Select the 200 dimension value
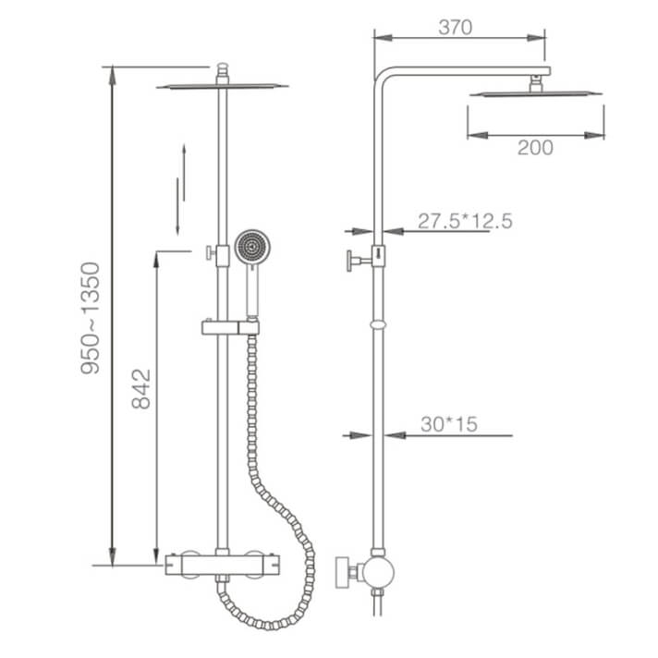click(535, 147)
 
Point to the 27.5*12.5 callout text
click(464, 221)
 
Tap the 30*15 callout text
click(448, 424)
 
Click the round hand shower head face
click(250, 246)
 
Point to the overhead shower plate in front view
click(222, 87)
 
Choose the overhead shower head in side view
click(535, 92)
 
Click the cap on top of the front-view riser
click(222, 70)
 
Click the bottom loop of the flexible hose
click(250, 610)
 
